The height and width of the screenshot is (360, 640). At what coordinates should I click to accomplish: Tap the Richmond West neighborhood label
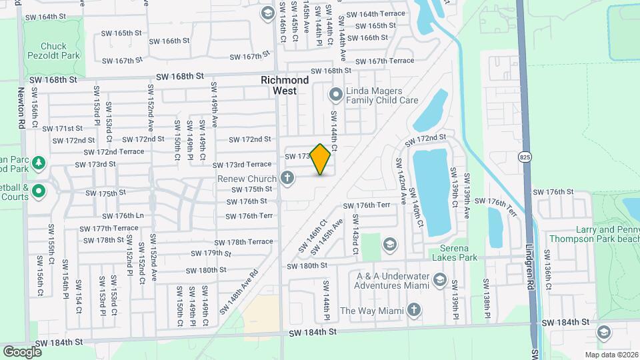(x=285, y=85)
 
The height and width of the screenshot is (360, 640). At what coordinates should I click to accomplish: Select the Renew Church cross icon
(x=287, y=178)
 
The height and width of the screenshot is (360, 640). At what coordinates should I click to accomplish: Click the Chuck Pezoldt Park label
(x=63, y=51)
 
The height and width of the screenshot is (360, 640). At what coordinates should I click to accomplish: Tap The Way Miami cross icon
(x=414, y=310)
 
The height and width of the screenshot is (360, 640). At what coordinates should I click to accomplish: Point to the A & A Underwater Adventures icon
(x=439, y=279)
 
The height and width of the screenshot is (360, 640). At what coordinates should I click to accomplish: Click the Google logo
(x=23, y=351)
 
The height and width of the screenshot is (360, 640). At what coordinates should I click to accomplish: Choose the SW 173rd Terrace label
(x=242, y=164)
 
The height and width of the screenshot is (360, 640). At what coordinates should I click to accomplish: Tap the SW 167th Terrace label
(x=390, y=61)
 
